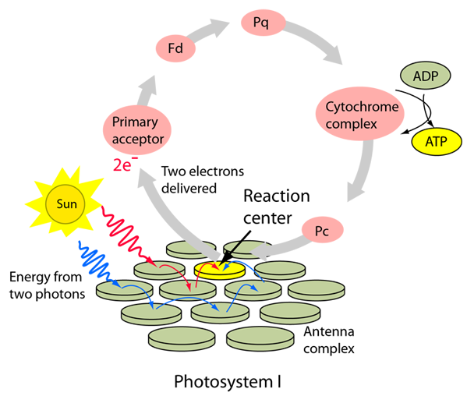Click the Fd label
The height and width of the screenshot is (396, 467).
coord(175,49)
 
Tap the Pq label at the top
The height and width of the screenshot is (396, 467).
coord(260,23)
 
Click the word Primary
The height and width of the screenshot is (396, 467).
coord(135,122)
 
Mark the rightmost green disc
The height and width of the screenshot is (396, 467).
coord(316,292)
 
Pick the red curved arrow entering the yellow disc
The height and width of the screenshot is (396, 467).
coord(209,267)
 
